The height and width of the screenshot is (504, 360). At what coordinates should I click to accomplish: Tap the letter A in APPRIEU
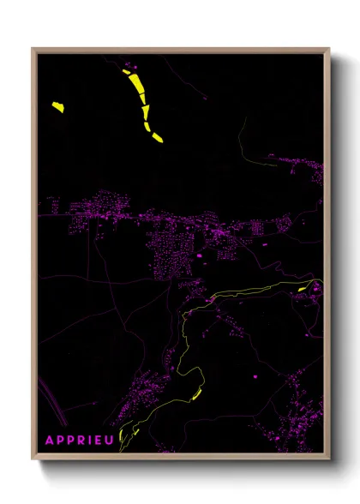49,440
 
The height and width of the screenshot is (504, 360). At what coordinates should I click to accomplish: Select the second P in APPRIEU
69,440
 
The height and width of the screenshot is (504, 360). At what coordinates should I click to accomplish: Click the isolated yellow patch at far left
57,107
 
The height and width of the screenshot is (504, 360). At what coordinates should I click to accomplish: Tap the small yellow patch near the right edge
303,290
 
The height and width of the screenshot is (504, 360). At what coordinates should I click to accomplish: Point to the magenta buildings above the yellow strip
129,64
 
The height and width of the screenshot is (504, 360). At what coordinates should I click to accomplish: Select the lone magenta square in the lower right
255,376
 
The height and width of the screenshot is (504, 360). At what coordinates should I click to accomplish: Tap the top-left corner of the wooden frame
33,50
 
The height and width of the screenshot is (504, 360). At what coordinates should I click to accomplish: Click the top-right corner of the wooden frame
328,50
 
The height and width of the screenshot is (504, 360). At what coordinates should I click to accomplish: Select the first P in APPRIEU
59,440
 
